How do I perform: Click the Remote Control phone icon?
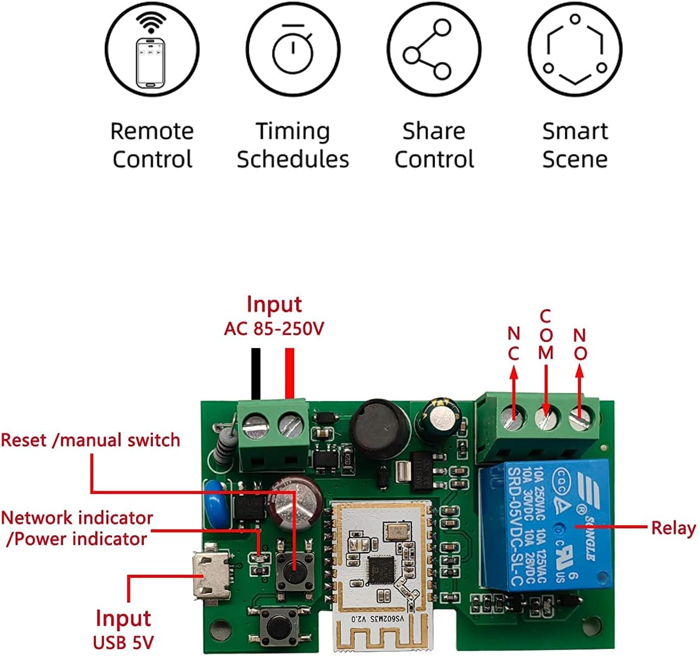151,49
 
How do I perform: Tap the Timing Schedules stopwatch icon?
293,49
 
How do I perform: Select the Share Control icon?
434,49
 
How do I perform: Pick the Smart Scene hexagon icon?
575,49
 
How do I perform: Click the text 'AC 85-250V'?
274,329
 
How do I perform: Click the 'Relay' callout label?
673,528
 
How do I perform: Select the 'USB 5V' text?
123,643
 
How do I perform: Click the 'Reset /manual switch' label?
90,440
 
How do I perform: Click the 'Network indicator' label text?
77,518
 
